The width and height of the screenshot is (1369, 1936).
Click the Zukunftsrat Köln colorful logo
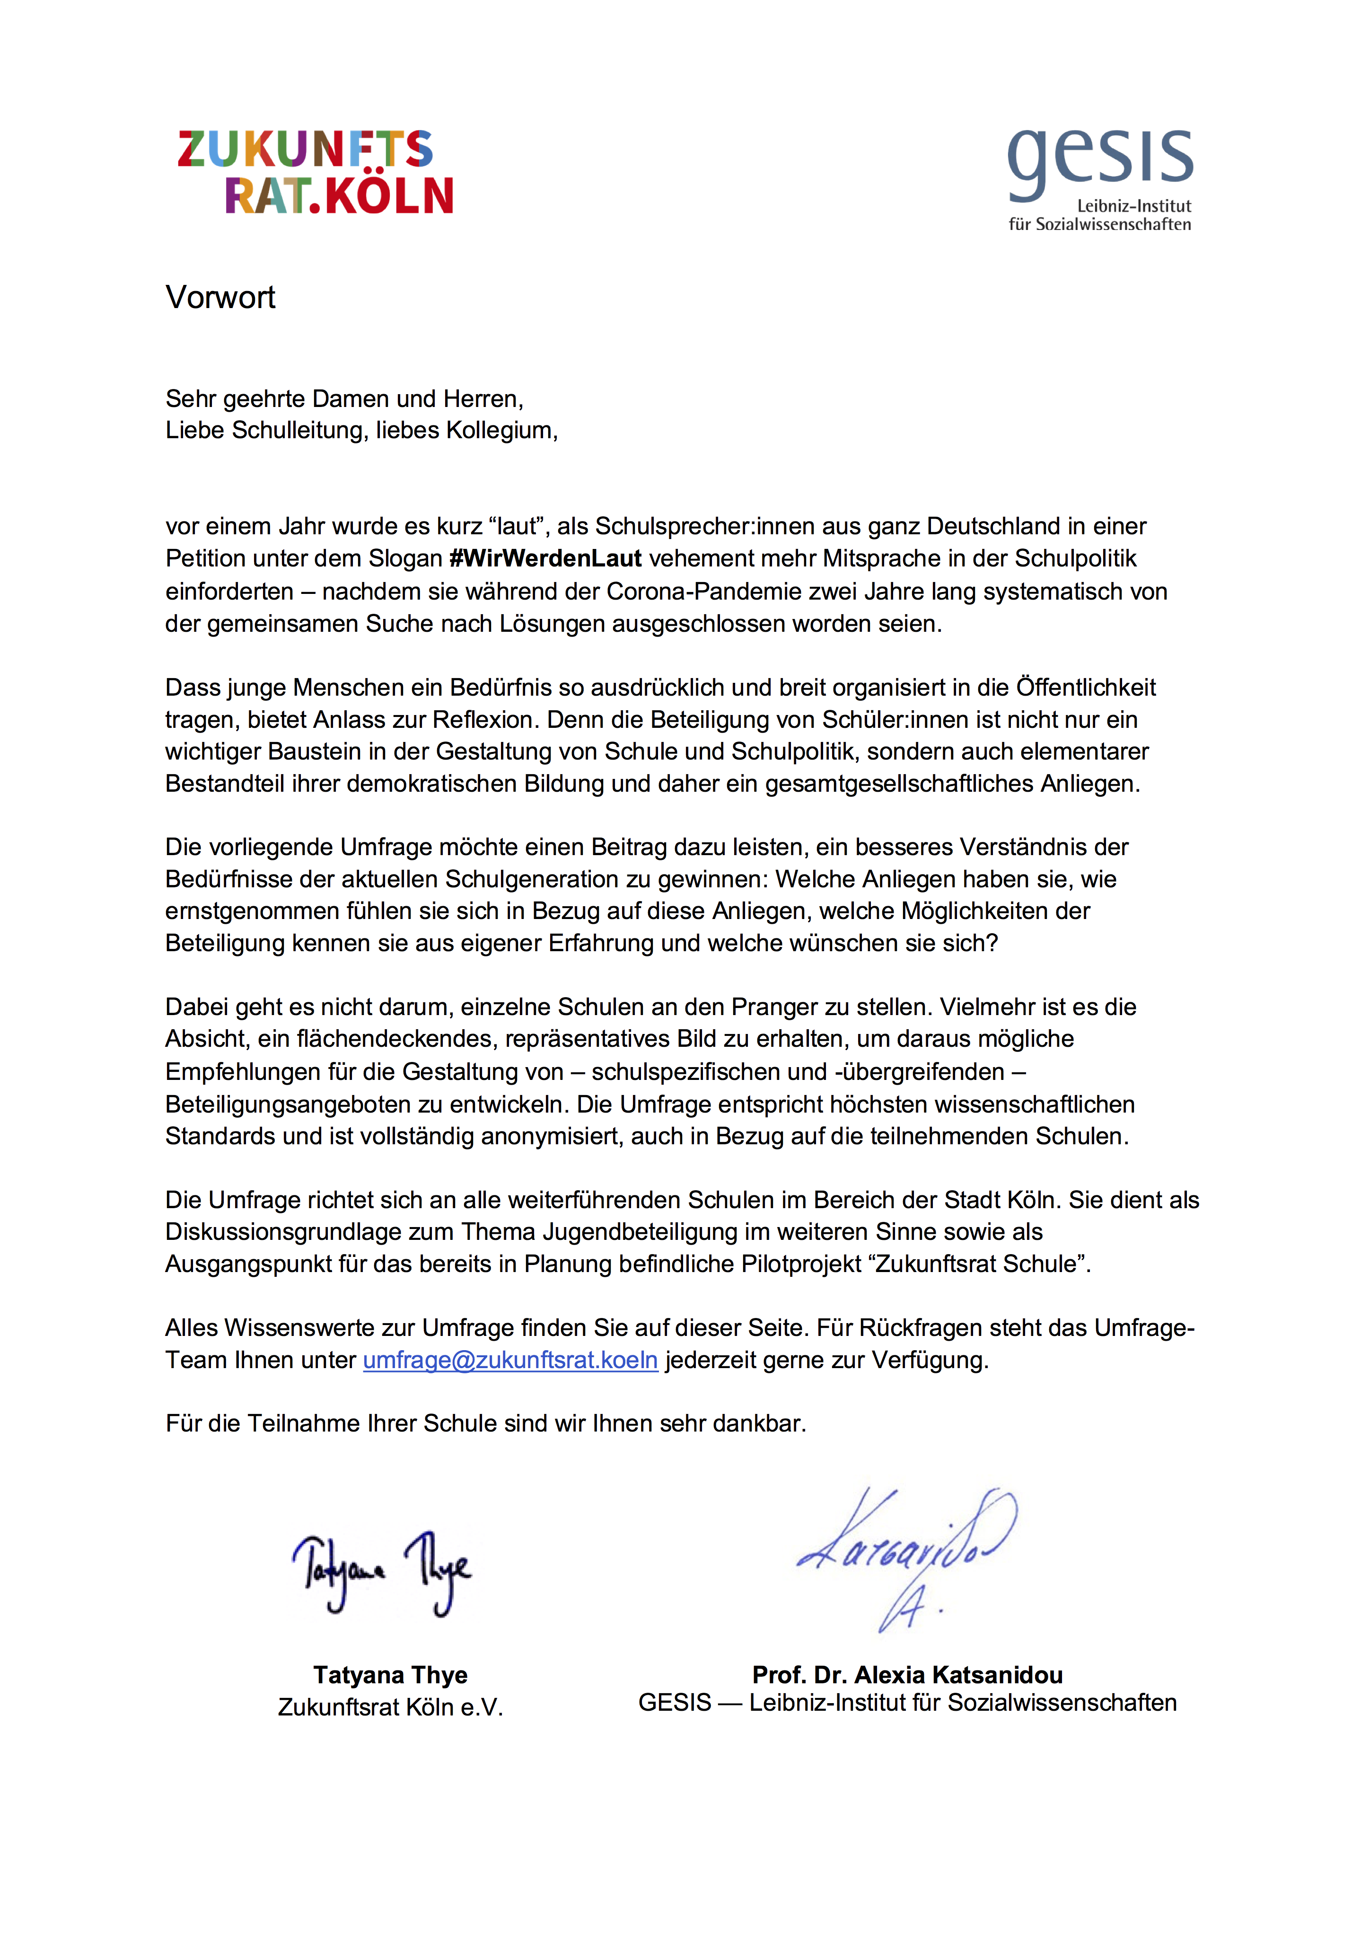coord(315,172)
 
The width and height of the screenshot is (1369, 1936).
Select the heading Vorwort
coord(220,298)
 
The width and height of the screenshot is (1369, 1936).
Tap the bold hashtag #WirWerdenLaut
coord(545,559)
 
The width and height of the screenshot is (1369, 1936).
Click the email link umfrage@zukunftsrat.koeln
coord(510,1360)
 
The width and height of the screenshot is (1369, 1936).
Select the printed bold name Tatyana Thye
coord(390,1675)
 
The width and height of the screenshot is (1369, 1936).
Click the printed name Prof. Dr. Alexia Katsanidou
coord(907,1675)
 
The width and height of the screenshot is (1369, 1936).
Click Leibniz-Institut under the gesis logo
coord(1134,206)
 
